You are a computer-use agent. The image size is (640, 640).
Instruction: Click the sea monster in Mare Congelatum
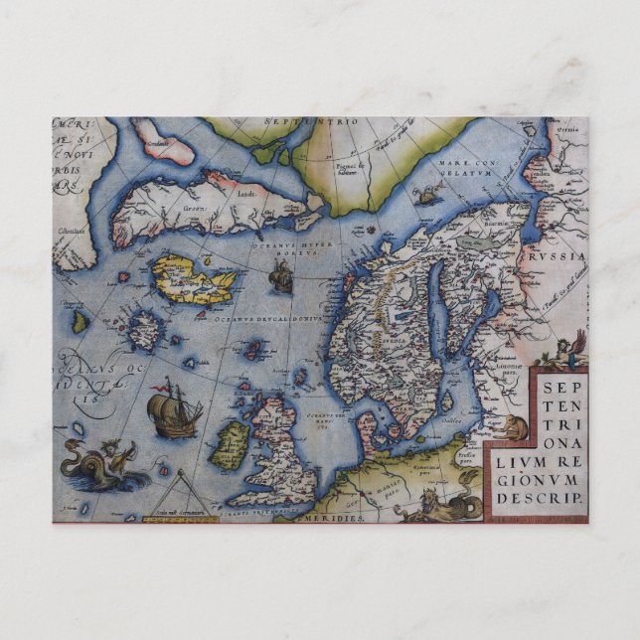point(428,195)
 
